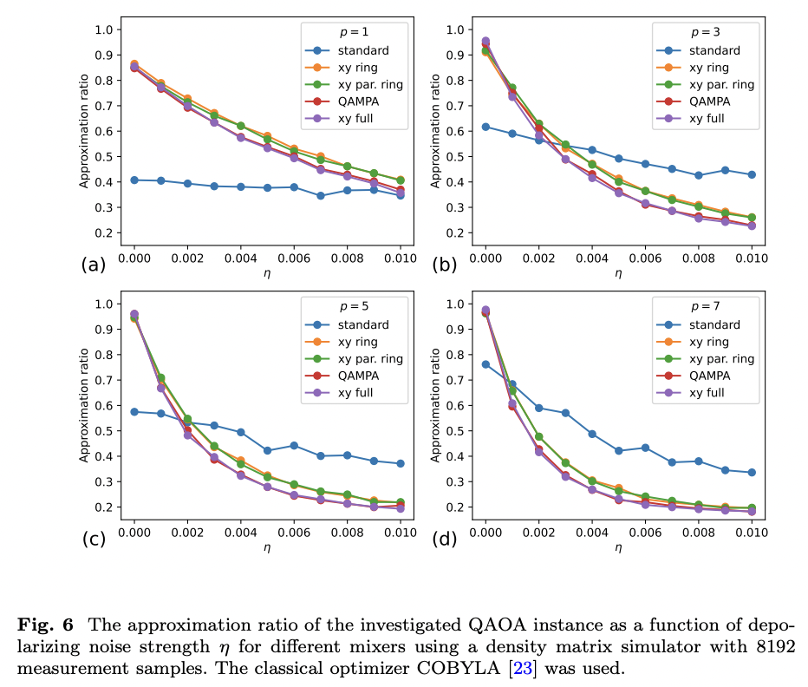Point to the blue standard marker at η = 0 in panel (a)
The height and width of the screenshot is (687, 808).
(134, 180)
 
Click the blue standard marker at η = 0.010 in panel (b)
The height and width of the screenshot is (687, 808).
(753, 174)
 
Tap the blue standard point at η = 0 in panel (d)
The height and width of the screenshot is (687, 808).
(485, 364)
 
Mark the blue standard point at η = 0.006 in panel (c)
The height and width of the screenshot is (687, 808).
(294, 446)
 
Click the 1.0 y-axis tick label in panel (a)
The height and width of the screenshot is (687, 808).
(104, 29)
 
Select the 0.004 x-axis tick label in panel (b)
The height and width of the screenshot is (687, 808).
(592, 258)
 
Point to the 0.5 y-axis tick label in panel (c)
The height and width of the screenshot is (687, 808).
(104, 431)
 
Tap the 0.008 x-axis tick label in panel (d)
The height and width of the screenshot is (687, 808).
(699, 533)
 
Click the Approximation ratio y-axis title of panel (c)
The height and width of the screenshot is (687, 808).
(85, 406)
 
